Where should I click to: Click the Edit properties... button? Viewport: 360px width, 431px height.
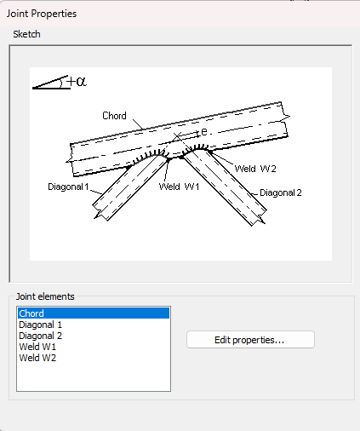click(x=250, y=340)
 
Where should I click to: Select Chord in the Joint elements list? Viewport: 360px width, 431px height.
click(x=31, y=313)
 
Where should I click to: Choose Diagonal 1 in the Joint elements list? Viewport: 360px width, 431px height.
click(x=40, y=325)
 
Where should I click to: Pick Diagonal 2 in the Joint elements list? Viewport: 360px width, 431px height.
click(x=40, y=336)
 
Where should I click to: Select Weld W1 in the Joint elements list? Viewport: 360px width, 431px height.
click(x=37, y=347)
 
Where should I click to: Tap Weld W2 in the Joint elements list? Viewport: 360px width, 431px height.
click(x=37, y=358)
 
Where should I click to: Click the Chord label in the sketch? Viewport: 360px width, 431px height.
click(x=114, y=116)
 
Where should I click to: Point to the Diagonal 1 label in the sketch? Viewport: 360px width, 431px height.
click(x=68, y=187)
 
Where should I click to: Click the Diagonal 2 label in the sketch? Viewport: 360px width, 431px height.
click(x=281, y=193)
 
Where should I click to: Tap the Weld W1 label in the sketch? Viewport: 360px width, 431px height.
click(x=179, y=187)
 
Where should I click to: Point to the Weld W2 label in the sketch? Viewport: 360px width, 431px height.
click(x=255, y=169)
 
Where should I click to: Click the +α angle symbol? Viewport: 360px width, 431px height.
click(x=77, y=82)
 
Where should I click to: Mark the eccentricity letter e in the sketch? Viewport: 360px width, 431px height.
click(x=204, y=132)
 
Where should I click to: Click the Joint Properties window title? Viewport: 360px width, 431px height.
click(x=42, y=14)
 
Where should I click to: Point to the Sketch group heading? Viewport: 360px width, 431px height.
click(x=26, y=34)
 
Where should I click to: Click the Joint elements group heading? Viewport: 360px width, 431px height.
click(x=45, y=296)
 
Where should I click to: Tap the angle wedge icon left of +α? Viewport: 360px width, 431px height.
click(x=50, y=83)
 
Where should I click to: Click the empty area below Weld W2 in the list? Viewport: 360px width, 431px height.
click(x=94, y=377)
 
